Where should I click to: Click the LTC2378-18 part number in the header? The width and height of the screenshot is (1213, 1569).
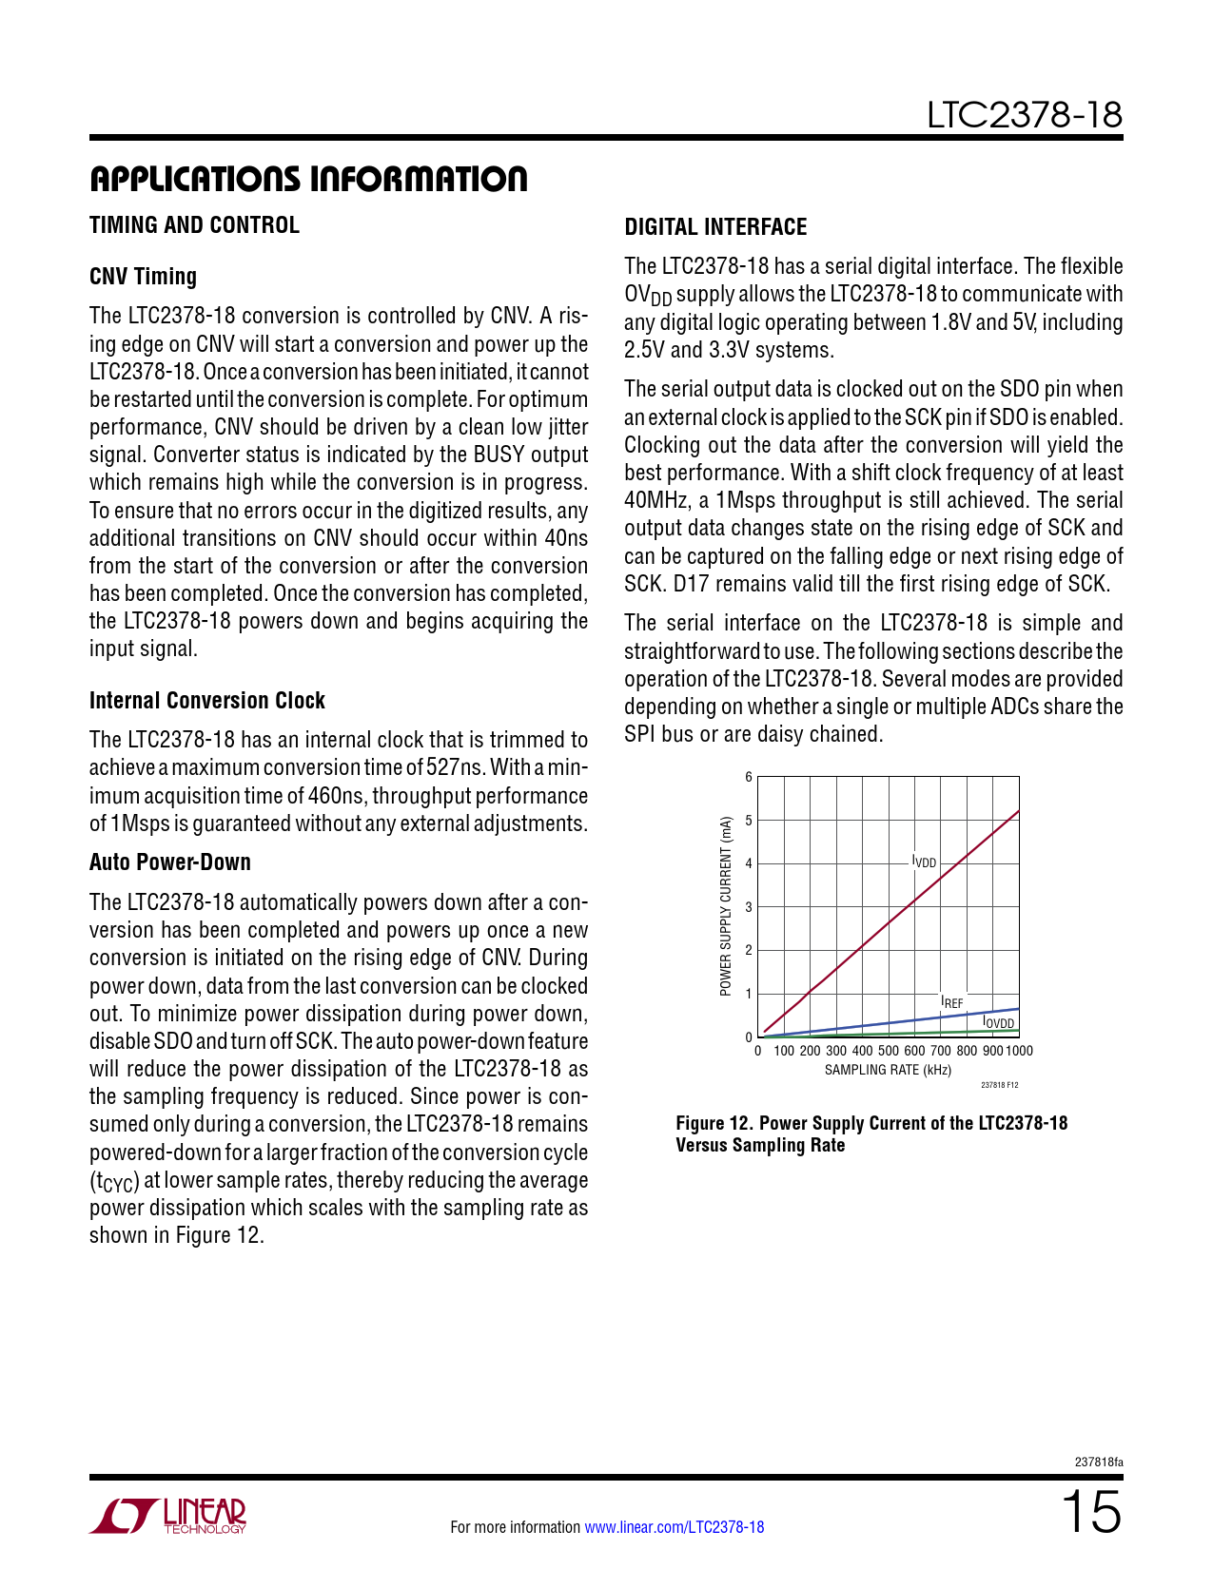tap(1025, 115)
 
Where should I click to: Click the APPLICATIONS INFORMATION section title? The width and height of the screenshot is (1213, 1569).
tap(308, 179)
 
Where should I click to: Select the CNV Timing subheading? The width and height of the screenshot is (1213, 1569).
tap(143, 277)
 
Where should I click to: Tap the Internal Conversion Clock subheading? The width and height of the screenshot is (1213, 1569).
tap(207, 701)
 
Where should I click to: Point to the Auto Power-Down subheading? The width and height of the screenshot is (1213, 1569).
tap(170, 862)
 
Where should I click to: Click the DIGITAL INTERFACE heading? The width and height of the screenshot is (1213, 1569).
tap(715, 227)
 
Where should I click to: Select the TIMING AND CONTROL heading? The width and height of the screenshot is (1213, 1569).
tap(194, 225)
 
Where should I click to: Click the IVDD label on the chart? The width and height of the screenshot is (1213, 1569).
tap(925, 862)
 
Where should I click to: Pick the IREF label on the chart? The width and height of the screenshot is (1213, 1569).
tap(951, 1001)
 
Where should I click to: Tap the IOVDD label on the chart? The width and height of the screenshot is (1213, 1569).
tap(998, 1022)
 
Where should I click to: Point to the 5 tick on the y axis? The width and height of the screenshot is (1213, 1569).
tap(749, 821)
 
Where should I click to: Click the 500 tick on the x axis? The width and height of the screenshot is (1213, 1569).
tap(888, 1051)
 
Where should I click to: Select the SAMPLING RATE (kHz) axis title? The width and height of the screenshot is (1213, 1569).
tap(888, 1070)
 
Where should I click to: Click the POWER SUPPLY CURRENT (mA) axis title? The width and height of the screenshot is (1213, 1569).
tap(726, 906)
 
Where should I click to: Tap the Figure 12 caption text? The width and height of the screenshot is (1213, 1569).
tap(871, 1133)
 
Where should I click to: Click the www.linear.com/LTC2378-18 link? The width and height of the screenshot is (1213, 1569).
tap(674, 1527)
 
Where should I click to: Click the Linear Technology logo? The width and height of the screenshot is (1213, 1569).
tap(168, 1516)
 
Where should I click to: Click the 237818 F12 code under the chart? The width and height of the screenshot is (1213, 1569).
tap(999, 1085)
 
